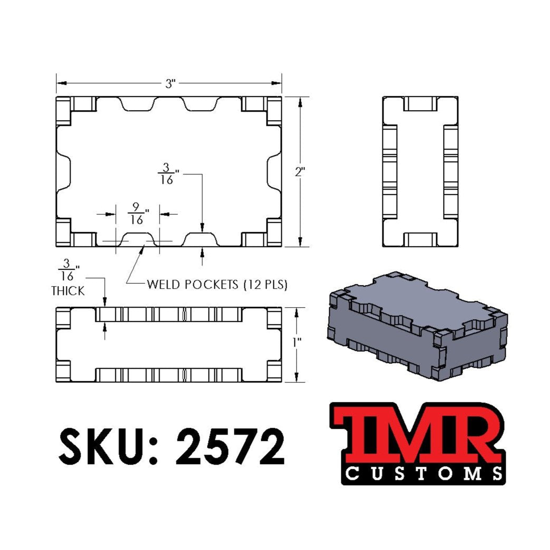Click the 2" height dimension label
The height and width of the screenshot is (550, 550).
pyautogui.click(x=300, y=171)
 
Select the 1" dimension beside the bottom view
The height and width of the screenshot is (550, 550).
pyautogui.click(x=298, y=342)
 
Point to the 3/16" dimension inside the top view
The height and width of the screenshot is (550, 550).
pyautogui.click(x=166, y=173)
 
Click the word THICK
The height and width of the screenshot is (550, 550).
pyautogui.click(x=67, y=291)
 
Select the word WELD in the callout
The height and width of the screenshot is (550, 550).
pyautogui.click(x=162, y=285)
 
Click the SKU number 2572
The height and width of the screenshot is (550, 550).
pyautogui.click(x=230, y=445)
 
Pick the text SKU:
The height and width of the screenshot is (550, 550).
pyautogui.click(x=109, y=445)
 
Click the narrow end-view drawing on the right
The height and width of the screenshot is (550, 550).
pyautogui.click(x=420, y=171)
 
